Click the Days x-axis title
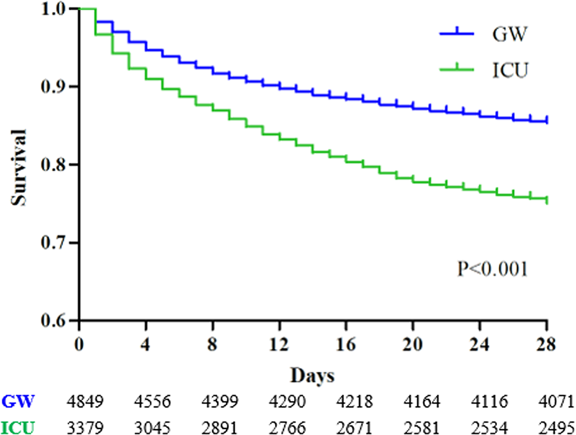[312, 376]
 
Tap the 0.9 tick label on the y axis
[56, 87]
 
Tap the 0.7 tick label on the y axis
[56, 243]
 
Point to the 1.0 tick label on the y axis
[56, 9]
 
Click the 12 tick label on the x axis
[279, 345]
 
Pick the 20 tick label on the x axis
[413, 345]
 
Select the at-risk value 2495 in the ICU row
[556, 425]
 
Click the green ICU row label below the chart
[17, 425]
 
